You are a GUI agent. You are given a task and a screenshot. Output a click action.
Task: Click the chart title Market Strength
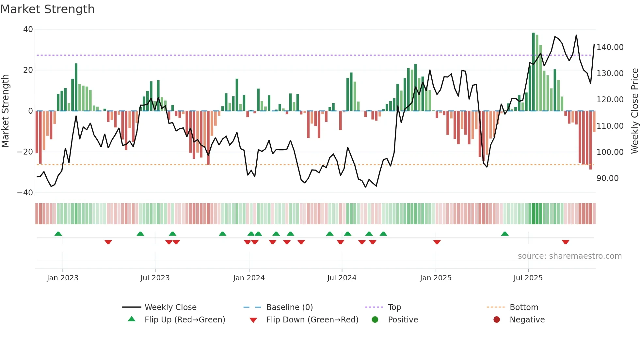click(47, 9)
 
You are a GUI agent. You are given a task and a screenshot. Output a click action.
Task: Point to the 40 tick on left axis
click(28, 29)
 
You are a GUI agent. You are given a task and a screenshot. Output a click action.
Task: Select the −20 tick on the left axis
click(25, 152)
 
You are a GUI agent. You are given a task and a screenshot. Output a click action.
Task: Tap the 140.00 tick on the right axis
click(610, 47)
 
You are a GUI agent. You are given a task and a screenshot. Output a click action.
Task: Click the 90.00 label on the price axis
click(607, 178)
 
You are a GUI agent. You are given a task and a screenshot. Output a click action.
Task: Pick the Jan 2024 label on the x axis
click(249, 278)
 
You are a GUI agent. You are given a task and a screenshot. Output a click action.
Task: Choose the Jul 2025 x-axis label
click(528, 278)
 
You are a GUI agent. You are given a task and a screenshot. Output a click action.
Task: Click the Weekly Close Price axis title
click(634, 111)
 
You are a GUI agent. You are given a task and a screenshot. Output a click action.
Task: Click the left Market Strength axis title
click(6, 111)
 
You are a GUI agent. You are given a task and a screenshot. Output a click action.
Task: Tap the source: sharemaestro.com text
click(569, 256)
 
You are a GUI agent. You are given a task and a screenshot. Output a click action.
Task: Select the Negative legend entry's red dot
click(497, 319)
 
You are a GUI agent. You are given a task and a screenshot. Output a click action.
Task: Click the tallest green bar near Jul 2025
click(534, 72)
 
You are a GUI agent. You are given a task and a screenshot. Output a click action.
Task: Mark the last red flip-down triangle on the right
click(566, 242)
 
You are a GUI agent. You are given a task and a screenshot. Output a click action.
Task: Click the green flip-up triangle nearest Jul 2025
click(505, 234)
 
